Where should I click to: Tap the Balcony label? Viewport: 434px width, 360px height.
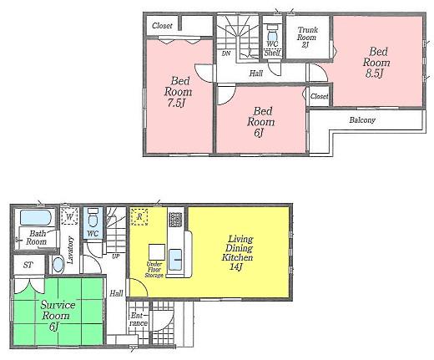(361, 119)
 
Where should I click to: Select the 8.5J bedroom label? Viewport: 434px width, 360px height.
(376, 62)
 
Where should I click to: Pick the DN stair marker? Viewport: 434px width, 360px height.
(226, 54)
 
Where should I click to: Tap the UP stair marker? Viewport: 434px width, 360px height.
(114, 255)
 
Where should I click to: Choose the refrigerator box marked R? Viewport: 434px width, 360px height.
(140, 218)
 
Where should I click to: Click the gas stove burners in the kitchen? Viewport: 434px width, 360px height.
(175, 220)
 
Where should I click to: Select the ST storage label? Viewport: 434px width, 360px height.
(28, 266)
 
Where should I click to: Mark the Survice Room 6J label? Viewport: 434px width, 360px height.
(58, 315)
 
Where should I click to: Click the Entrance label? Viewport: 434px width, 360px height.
(139, 319)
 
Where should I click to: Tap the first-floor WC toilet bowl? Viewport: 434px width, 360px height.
(93, 221)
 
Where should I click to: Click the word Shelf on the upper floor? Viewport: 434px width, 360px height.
(272, 53)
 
